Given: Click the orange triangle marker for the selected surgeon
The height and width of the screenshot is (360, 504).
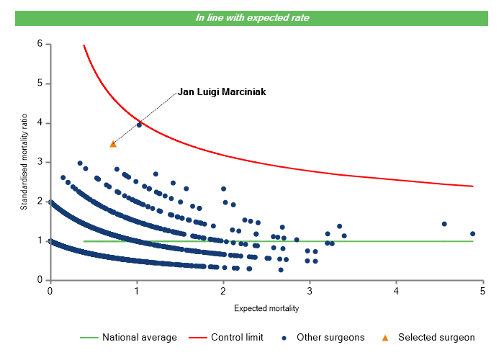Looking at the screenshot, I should [113, 144].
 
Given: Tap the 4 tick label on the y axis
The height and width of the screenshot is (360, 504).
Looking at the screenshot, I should [39, 123].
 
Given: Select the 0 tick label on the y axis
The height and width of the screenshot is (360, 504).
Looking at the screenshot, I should [39, 280].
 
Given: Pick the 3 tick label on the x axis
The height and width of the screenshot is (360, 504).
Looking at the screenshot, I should [310, 291].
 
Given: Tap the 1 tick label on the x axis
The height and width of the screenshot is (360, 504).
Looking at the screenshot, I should [136, 291].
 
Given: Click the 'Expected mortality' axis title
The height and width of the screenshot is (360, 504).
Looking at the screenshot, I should [266, 309].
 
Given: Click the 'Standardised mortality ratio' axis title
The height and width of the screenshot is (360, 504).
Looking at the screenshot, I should [24, 162].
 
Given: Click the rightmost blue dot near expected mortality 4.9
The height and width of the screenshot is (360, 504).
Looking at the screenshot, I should [473, 234].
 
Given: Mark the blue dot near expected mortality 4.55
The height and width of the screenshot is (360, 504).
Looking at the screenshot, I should [444, 224].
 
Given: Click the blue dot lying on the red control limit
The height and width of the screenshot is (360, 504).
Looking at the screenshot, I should [139, 125].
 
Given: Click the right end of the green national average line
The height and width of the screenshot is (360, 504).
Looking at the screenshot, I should [473, 241].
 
